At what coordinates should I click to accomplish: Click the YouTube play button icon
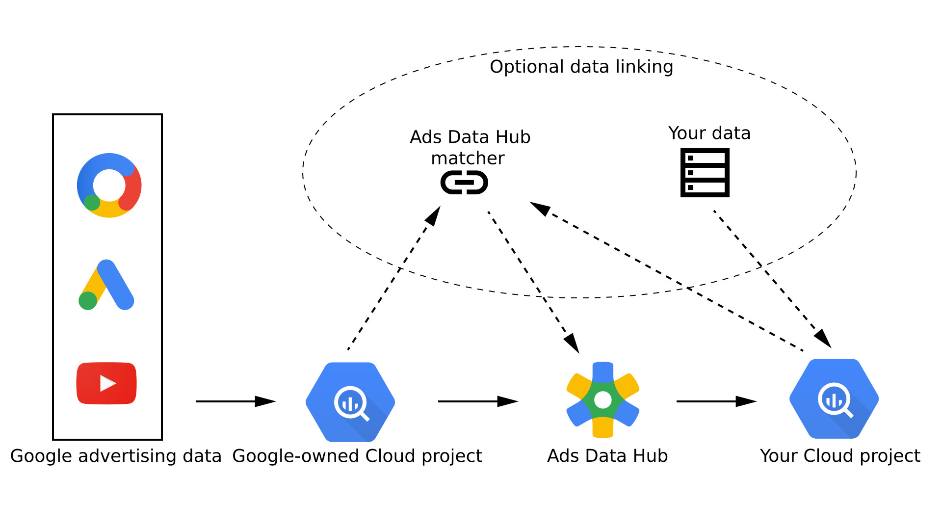(x=106, y=383)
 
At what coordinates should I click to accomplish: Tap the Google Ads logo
(x=107, y=285)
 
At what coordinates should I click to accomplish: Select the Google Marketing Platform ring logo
(x=109, y=185)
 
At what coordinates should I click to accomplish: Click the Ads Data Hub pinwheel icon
(x=603, y=400)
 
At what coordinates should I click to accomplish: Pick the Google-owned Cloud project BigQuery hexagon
(x=350, y=402)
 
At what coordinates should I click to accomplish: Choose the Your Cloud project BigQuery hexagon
(x=834, y=399)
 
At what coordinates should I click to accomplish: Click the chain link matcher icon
(x=464, y=183)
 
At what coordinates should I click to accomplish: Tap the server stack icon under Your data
(x=705, y=173)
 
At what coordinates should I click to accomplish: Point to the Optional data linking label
(x=581, y=67)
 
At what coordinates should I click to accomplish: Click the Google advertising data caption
(x=116, y=456)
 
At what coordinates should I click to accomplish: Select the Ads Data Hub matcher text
(x=470, y=147)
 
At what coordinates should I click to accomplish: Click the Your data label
(x=709, y=133)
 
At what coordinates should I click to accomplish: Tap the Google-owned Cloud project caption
(x=357, y=456)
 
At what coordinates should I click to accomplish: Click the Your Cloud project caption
(x=840, y=456)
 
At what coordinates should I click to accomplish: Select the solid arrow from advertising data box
(x=235, y=401)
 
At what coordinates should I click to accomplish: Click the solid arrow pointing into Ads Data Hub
(x=478, y=401)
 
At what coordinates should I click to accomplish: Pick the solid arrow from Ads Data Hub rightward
(x=716, y=401)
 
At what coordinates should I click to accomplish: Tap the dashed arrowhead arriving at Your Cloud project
(x=823, y=339)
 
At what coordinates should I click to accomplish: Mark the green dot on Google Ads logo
(x=88, y=300)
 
